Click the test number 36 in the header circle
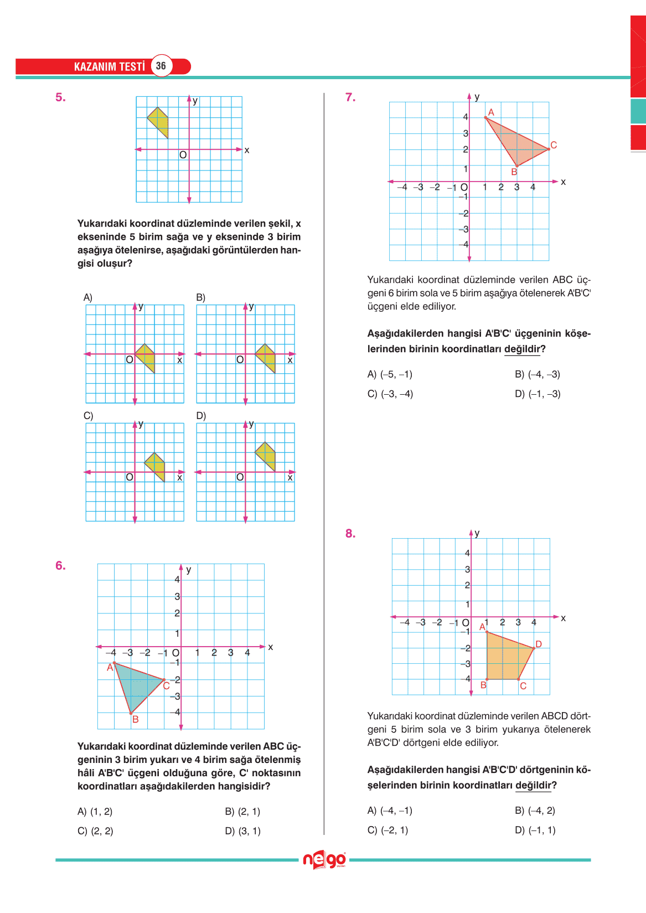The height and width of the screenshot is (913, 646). [x=161, y=66]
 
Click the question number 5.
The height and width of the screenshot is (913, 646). [x=60, y=97]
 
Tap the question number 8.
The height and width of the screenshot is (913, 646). [x=350, y=534]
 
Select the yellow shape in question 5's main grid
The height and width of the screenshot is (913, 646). [x=159, y=121]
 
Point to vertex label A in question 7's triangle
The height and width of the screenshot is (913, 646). [x=491, y=112]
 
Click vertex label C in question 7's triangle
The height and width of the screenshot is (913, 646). [x=554, y=145]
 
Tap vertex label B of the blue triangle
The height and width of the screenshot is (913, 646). [x=135, y=719]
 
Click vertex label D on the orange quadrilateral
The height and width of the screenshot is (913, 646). [x=539, y=644]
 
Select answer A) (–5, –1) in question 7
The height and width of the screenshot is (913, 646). [x=390, y=374]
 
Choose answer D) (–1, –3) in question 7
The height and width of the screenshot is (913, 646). [x=538, y=394]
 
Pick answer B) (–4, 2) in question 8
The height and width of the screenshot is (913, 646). [x=535, y=811]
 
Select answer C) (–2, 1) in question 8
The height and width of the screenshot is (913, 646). [x=387, y=830]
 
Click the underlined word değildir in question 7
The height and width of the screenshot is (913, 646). [x=522, y=349]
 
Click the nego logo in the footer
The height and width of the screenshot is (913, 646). [x=324, y=860]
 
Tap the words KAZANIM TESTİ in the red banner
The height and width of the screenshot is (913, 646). [x=109, y=66]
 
